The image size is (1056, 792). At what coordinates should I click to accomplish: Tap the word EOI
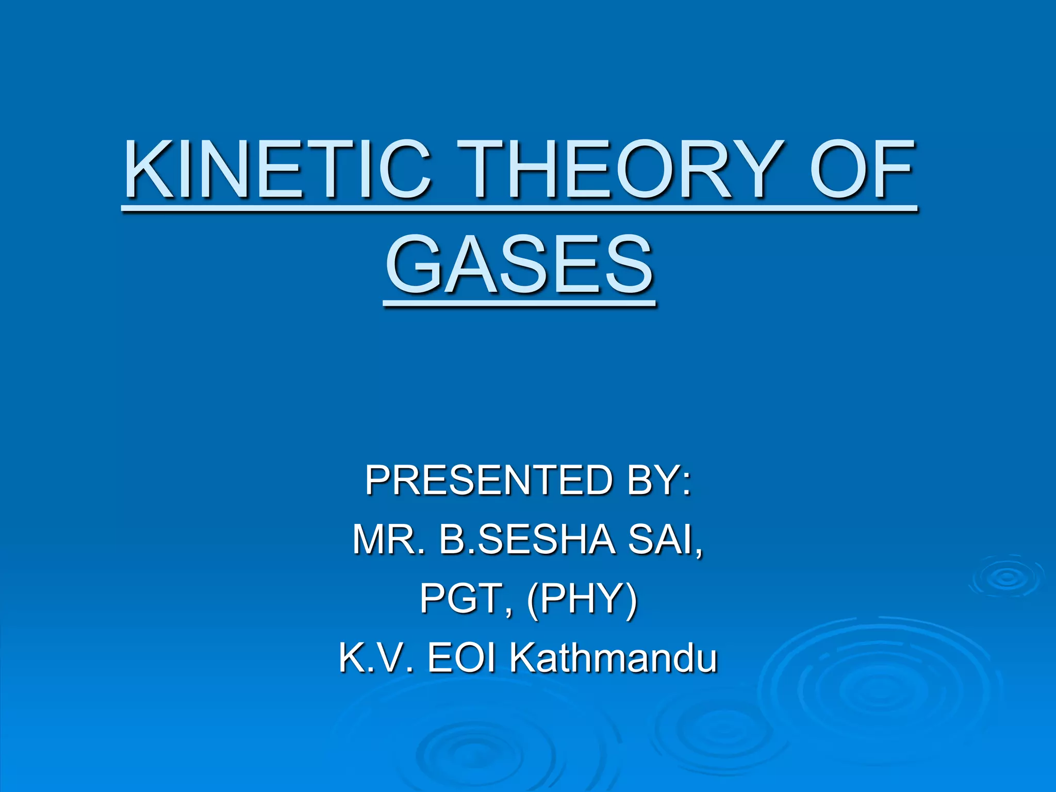461,658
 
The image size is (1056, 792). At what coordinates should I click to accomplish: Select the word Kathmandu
614,658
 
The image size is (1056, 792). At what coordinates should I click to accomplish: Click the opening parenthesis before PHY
532,600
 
